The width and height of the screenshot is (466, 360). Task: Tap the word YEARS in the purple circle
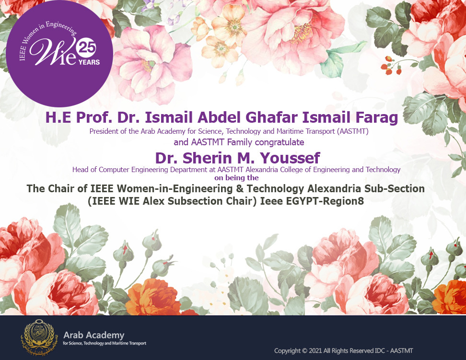pyautogui.click(x=89, y=62)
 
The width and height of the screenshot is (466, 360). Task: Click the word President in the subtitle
pyautogui.click(x=104, y=131)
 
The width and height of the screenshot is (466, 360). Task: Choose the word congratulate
pyautogui.click(x=280, y=142)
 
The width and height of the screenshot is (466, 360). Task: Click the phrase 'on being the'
pyautogui.click(x=236, y=178)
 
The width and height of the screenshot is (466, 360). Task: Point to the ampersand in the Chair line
pyautogui.click(x=241, y=189)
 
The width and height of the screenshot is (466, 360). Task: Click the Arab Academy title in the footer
pyautogui.click(x=94, y=336)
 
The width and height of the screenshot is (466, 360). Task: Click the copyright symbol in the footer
pyautogui.click(x=304, y=351)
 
